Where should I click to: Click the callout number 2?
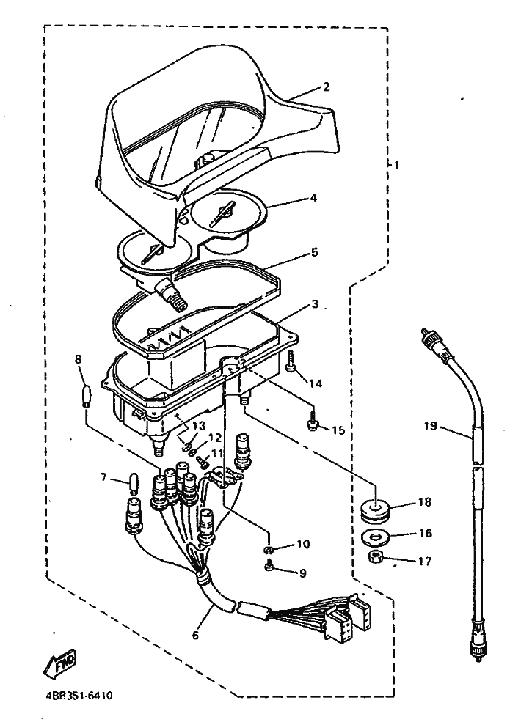click(x=326, y=87)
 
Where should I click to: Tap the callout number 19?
click(x=431, y=424)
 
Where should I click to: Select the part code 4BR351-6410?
click(x=74, y=693)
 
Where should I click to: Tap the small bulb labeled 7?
click(x=134, y=485)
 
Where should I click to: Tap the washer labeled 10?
click(x=269, y=548)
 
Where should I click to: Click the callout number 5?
click(x=314, y=251)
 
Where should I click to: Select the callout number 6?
click(x=195, y=636)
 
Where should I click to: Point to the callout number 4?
click(x=313, y=197)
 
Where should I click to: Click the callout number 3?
click(x=314, y=303)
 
